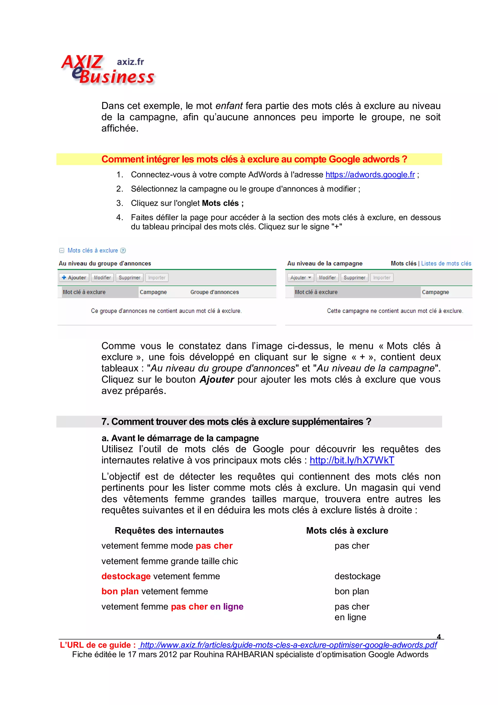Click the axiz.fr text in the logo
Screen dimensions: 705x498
(x=130, y=62)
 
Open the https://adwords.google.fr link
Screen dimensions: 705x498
(x=370, y=175)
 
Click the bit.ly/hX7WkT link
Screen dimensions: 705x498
(x=352, y=460)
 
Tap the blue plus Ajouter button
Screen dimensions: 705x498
(x=74, y=278)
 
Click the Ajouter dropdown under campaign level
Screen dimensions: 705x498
(x=300, y=278)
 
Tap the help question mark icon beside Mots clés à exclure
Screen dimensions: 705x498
(x=123, y=251)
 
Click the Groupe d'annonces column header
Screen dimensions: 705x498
(x=214, y=292)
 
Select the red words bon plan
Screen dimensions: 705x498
(x=120, y=591)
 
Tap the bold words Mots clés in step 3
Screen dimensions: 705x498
(x=220, y=203)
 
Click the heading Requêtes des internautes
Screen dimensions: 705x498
(x=169, y=531)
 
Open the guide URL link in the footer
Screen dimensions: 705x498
(x=288, y=645)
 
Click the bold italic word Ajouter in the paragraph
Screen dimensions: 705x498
(x=217, y=380)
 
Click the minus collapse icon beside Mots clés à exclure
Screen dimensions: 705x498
(x=62, y=251)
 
